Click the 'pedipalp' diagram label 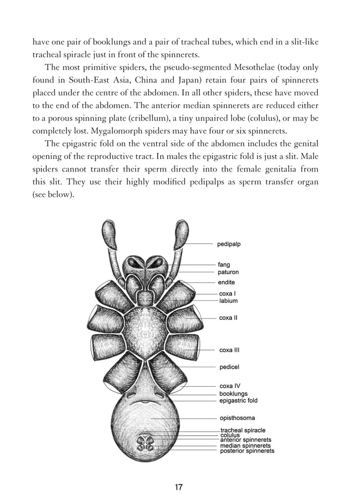pyautogui.click(x=229, y=244)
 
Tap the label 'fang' pyautogui.click(x=224, y=265)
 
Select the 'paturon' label pyautogui.click(x=228, y=273)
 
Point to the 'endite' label pyautogui.click(x=226, y=283)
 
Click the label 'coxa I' pyautogui.click(x=228, y=294)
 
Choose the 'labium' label pyautogui.click(x=228, y=301)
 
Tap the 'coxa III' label pyautogui.click(x=230, y=350)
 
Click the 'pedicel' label pyautogui.click(x=229, y=367)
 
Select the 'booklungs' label pyautogui.click(x=233, y=394)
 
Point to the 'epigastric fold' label pyautogui.click(x=238, y=401)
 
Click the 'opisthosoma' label pyautogui.click(x=237, y=418)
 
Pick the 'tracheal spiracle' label pyautogui.click(x=243, y=431)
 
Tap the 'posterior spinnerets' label pyautogui.click(x=247, y=451)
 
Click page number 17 pyautogui.click(x=179, y=487)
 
